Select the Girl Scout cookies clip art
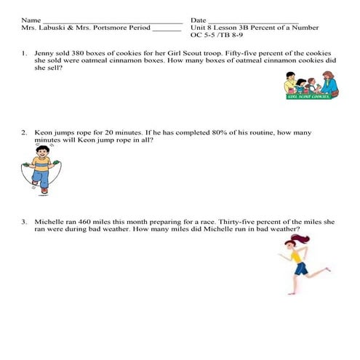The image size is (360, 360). tap(311, 85)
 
